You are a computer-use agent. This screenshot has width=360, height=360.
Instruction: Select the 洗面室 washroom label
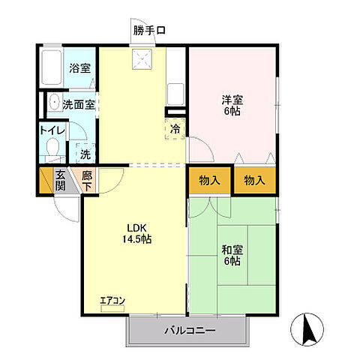point(78,105)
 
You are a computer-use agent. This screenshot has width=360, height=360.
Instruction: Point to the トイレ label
point(52,130)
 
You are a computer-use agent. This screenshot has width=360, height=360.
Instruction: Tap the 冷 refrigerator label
point(175,129)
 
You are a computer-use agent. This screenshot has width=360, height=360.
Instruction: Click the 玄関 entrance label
point(61,181)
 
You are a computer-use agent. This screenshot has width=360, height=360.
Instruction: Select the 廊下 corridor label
point(88,181)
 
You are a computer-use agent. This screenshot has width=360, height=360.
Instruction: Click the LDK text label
point(135,228)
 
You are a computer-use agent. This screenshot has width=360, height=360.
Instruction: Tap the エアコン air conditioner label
point(113,301)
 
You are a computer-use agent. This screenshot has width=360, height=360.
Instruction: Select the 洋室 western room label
point(231,99)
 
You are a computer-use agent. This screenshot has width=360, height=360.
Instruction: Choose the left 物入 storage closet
point(209,180)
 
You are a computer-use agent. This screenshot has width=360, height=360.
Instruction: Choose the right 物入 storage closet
point(254,180)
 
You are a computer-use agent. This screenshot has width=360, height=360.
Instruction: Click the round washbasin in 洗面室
point(54,104)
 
